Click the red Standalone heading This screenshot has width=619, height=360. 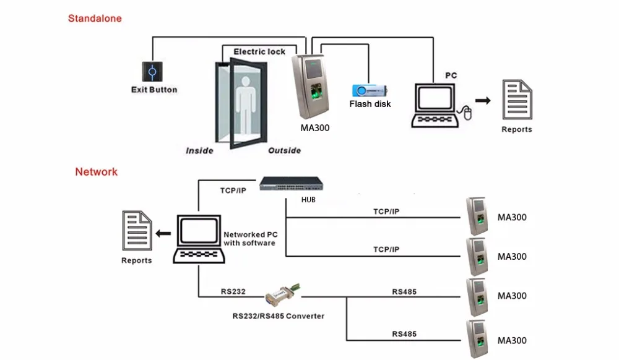[95, 19]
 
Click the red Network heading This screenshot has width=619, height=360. [96, 171]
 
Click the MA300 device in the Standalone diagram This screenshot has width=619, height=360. [313, 87]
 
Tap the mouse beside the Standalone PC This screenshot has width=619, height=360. [468, 113]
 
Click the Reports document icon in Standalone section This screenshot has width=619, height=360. [517, 100]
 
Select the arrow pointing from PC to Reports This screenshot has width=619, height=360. [483, 100]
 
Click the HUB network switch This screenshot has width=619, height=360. [292, 184]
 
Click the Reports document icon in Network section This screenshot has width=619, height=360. [137, 232]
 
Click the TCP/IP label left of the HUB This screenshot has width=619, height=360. [233, 190]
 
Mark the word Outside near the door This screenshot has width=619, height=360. [284, 150]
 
